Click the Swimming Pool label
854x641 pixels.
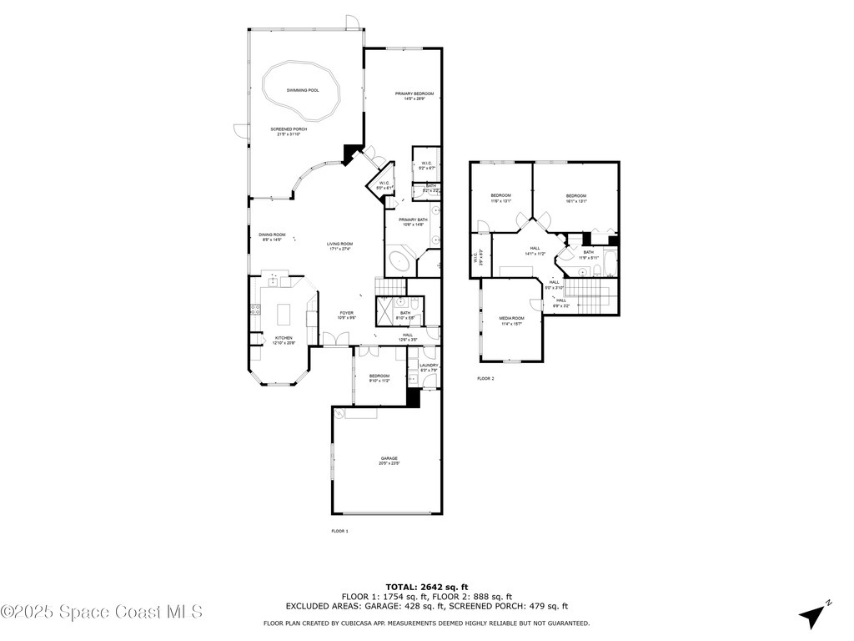(303, 90)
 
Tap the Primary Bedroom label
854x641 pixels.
(414, 93)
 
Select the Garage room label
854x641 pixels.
(389, 458)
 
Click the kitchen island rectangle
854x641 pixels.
(284, 314)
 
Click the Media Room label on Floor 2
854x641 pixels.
(511, 318)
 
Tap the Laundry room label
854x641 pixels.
(429, 365)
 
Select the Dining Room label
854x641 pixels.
(272, 235)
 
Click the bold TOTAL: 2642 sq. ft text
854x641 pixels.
(426, 586)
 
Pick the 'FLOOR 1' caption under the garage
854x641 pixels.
(339, 531)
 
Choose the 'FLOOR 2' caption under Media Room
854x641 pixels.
(485, 378)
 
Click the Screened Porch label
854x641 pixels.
(289, 129)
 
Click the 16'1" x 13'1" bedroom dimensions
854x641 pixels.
(577, 201)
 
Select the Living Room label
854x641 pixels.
(339, 244)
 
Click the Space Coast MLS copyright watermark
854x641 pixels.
(101, 612)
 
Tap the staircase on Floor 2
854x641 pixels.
(588, 294)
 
